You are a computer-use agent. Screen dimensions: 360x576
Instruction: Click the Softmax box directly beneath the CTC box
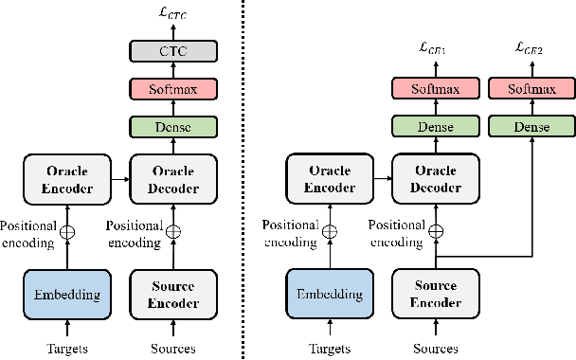click(172, 90)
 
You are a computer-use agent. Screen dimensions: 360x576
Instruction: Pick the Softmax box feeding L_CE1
click(436, 90)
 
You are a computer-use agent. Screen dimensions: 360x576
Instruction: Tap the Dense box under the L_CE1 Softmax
click(436, 126)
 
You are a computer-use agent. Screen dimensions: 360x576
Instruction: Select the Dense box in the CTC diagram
click(172, 126)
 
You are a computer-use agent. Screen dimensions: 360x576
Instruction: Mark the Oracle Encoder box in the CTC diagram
click(67, 179)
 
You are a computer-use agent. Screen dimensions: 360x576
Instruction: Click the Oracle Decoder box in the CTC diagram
click(172, 179)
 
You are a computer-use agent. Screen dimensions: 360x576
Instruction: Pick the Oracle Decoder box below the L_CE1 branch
click(436, 179)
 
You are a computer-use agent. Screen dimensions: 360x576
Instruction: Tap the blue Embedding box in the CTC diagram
click(67, 294)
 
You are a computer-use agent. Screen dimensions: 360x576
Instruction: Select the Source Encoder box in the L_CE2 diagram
click(436, 294)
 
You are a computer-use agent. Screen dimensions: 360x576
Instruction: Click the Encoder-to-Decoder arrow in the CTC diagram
click(119, 179)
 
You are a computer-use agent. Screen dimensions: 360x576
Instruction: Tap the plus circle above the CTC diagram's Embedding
click(67, 230)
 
